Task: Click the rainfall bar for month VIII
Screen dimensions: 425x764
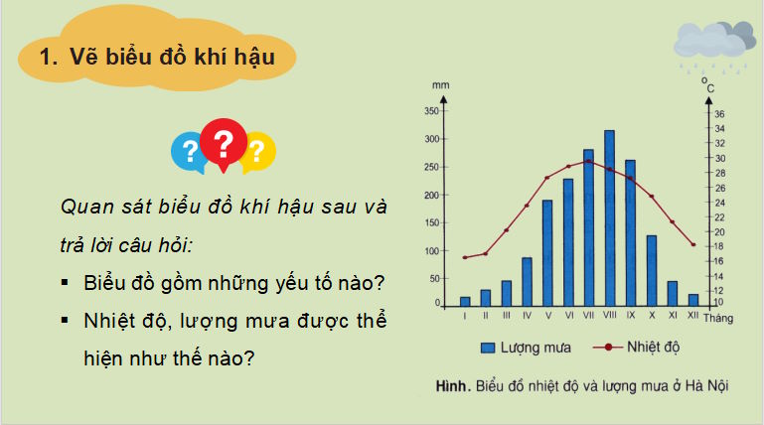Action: (609, 217)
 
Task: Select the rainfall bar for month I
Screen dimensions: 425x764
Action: (465, 300)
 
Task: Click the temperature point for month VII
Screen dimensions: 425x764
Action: (589, 160)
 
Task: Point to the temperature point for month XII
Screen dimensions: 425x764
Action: (692, 244)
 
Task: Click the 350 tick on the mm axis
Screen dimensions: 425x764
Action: (431, 111)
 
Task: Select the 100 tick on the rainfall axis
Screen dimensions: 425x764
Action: (431, 250)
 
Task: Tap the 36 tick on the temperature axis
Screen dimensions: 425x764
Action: (718, 114)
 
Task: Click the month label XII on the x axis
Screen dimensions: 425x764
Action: (692, 316)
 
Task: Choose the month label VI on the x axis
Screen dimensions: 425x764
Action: (568, 316)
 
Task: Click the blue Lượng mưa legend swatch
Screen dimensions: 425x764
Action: (489, 348)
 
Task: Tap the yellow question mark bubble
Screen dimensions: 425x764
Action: (257, 151)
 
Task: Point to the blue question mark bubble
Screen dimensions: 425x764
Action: (189, 151)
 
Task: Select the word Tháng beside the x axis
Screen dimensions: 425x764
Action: (716, 318)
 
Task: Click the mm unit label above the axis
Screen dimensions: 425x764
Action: (441, 84)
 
